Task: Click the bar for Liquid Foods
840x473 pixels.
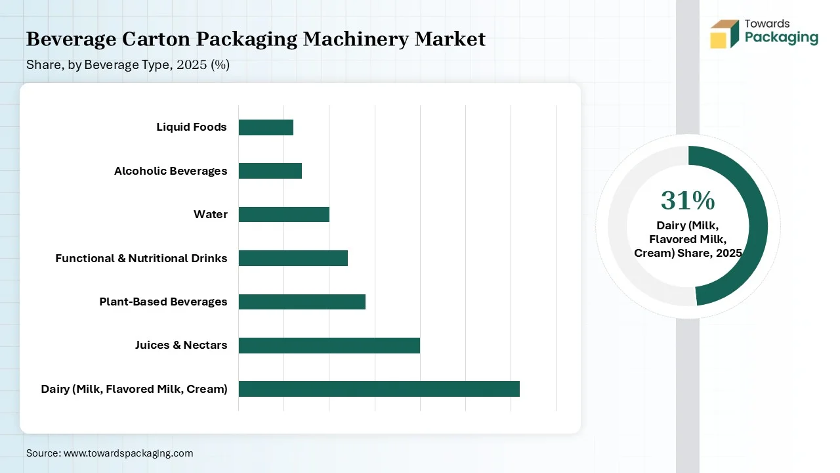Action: (266, 127)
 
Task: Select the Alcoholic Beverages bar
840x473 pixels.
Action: (270, 171)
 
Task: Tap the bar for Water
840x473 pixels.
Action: (283, 215)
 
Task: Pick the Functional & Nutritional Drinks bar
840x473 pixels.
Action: (293, 258)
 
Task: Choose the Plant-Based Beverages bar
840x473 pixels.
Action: (302, 302)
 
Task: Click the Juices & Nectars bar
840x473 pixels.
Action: (329, 346)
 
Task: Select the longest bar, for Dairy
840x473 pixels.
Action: (379, 389)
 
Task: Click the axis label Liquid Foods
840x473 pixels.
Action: (191, 127)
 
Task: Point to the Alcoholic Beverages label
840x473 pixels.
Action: (171, 171)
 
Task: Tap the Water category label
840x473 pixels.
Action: (211, 215)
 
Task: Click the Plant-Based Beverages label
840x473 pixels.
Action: (163, 302)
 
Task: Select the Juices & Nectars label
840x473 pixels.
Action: (181, 346)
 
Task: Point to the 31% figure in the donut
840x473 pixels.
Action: (688, 200)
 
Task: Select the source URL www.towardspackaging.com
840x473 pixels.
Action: (127, 453)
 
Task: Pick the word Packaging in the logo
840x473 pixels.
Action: (782, 38)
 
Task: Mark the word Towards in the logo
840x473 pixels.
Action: (767, 24)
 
